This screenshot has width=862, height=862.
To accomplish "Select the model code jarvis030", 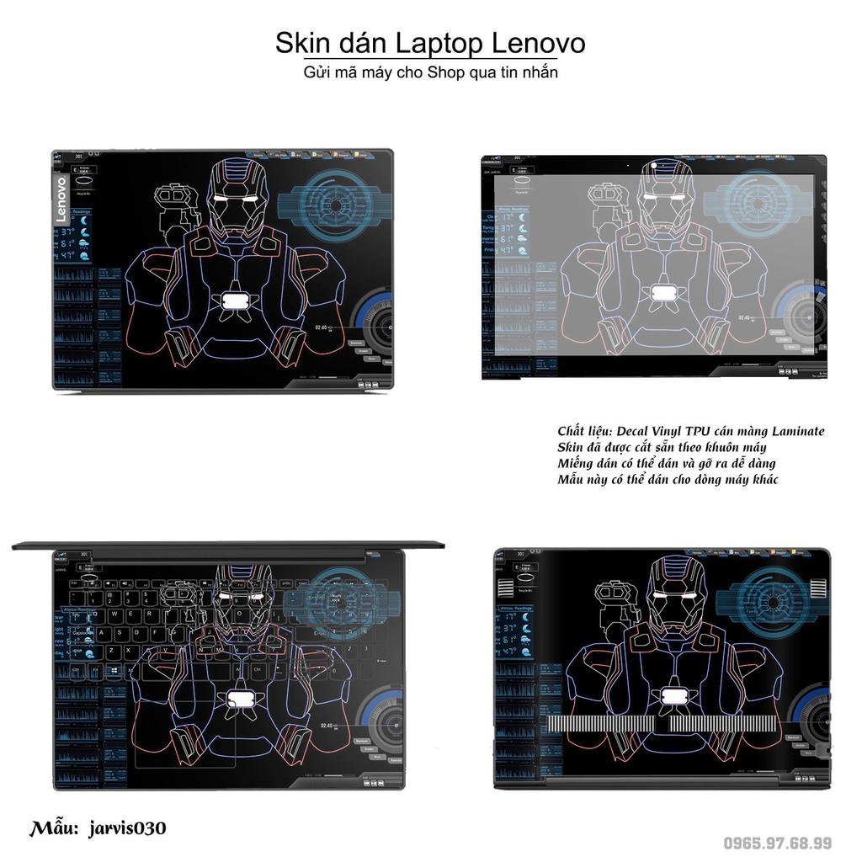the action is pyautogui.click(x=126, y=827).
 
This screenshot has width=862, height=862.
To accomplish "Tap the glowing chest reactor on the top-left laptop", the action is pyautogui.click(x=233, y=300).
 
